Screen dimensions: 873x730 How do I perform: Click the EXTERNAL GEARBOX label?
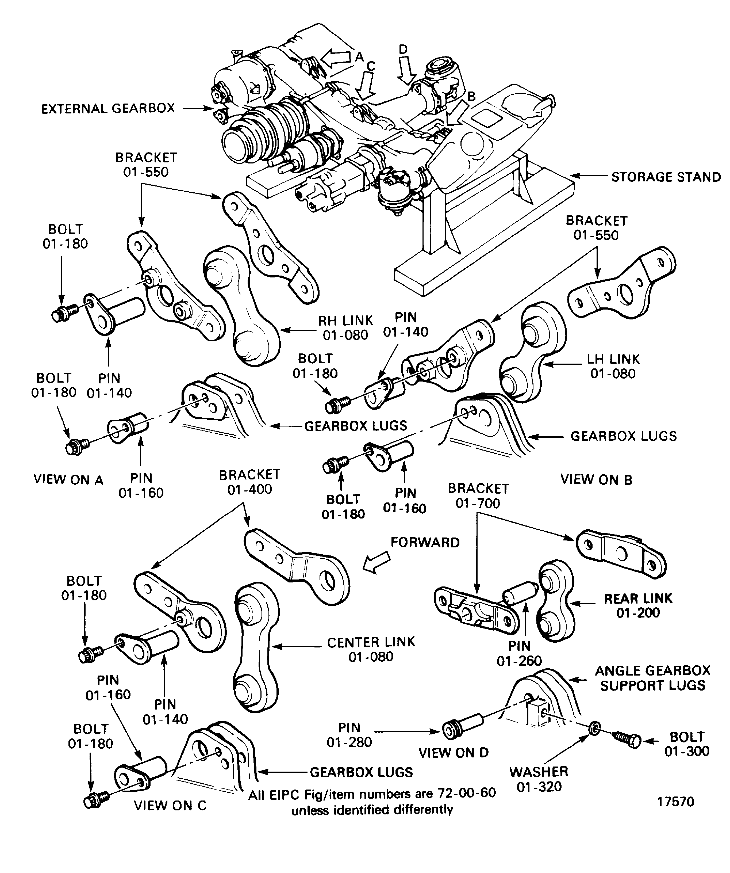tap(108, 109)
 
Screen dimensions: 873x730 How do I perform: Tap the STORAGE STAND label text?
tap(666, 177)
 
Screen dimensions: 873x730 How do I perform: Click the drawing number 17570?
tap(675, 802)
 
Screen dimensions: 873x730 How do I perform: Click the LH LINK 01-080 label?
tap(613, 366)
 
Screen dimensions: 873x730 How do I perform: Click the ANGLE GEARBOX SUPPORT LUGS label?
tap(652, 678)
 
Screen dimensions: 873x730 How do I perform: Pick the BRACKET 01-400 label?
tap(249, 482)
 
